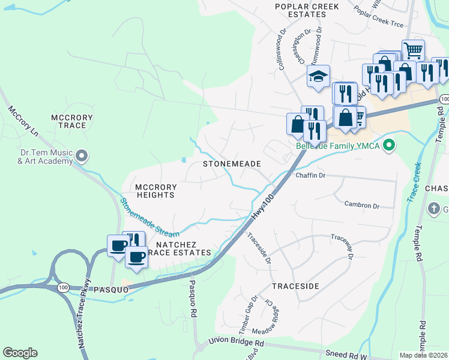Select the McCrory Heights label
click(154, 191)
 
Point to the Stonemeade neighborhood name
click(231, 163)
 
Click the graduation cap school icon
click(318, 76)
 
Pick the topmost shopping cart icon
click(413, 50)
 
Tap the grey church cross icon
click(434, 209)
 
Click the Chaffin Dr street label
click(310, 175)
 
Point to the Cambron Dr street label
click(362, 205)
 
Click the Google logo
click(20, 352)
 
